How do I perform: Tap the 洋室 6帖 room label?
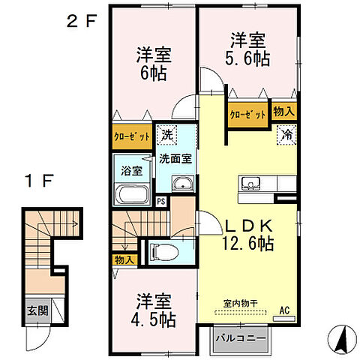154,64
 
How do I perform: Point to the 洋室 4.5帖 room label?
155,310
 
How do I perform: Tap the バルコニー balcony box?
241,338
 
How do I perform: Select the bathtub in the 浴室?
132,194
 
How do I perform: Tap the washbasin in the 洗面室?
181,185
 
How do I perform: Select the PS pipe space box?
160,200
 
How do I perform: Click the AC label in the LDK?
284,309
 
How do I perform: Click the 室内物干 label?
240,304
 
